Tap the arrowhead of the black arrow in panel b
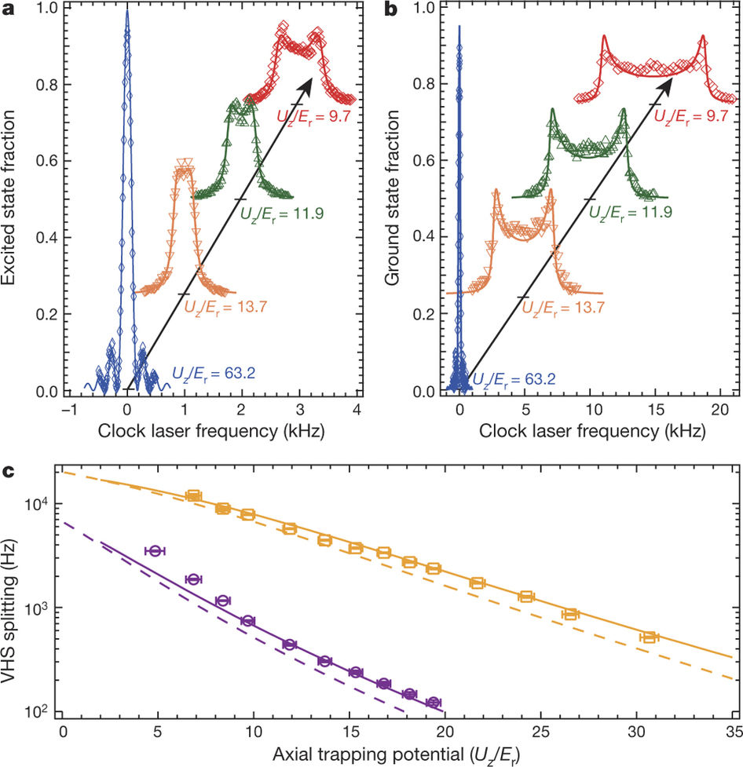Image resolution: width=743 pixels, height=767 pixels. tap(675, 81)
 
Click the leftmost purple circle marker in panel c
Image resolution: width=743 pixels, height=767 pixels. tap(156, 551)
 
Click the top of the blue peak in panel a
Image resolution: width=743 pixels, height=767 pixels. tap(126, 11)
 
